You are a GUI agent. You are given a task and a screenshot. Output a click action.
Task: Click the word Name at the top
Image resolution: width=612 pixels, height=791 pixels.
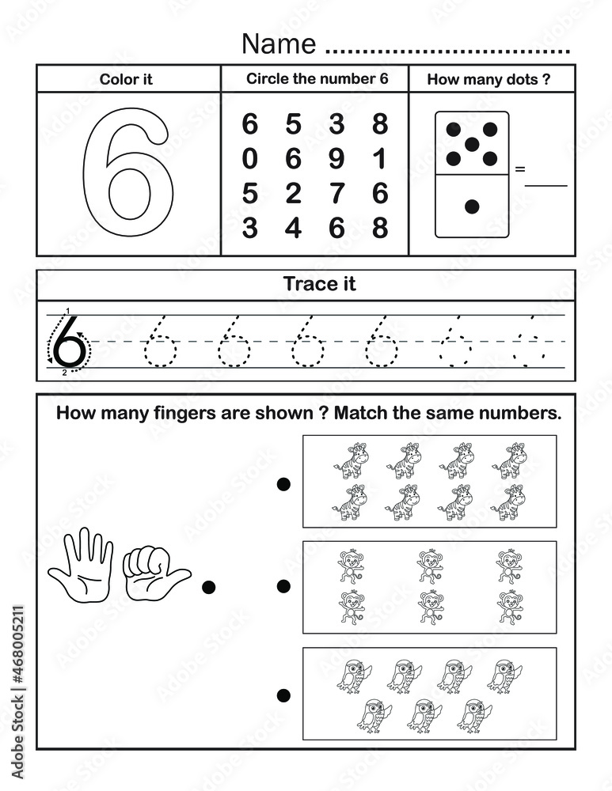pyautogui.click(x=279, y=44)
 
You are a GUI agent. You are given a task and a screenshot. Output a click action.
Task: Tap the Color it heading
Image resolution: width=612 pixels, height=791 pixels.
pyautogui.click(x=126, y=79)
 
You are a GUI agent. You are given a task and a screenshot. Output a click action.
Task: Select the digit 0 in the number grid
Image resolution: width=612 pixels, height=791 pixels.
pyautogui.click(x=250, y=159)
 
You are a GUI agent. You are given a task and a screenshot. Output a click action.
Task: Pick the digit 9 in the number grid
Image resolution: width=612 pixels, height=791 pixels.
pyautogui.click(x=336, y=159)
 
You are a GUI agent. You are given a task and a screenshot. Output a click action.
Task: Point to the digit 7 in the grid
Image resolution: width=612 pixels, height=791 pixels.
pyautogui.click(x=336, y=194)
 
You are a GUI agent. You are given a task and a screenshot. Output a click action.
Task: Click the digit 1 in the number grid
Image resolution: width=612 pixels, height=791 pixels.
pyautogui.click(x=380, y=159)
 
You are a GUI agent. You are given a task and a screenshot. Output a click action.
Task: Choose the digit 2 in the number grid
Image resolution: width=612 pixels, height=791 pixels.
pyautogui.click(x=294, y=194)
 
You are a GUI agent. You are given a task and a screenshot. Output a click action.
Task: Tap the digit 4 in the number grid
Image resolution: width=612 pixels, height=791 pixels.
pyautogui.click(x=294, y=228)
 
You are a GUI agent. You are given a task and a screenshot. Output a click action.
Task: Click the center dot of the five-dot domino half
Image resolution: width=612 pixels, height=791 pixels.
pyautogui.click(x=472, y=144)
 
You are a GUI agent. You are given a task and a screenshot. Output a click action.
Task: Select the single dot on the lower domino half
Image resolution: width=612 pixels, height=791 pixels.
pyautogui.click(x=472, y=206)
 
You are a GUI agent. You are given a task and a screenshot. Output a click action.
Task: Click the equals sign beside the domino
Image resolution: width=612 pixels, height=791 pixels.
pyautogui.click(x=520, y=168)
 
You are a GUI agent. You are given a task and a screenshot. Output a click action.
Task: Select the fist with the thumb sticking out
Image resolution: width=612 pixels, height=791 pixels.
pyautogui.click(x=154, y=570)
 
